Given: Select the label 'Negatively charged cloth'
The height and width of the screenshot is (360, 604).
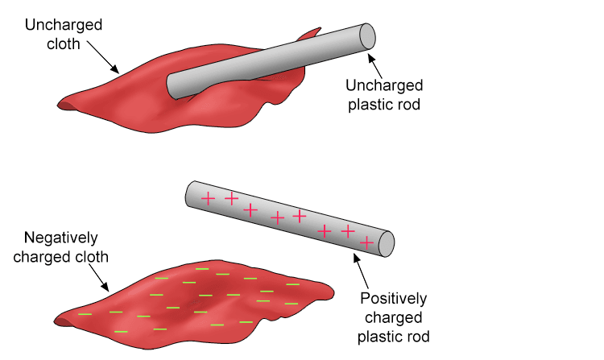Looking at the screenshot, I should coord(61,247).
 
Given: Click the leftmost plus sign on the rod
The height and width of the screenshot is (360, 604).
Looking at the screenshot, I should coord(208,198).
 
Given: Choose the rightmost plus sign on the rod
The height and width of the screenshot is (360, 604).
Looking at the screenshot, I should coord(367,241).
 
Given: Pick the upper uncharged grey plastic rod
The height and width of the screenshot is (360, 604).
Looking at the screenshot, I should coord(266,60).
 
